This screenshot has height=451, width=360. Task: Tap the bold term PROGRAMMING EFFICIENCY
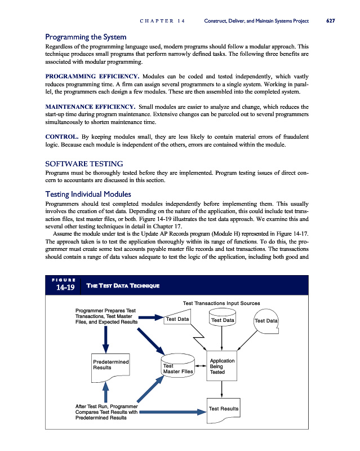92,76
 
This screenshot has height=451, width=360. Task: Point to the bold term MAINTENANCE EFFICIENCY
90,106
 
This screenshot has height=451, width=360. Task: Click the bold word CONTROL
61,136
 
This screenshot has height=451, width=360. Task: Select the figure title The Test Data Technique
122,286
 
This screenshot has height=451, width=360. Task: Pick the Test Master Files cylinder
177,367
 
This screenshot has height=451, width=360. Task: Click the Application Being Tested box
223,366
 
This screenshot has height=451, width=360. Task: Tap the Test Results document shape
224,410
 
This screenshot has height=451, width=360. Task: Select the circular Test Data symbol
266,321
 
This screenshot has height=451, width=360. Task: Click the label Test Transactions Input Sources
221,303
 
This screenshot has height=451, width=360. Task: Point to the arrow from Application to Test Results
223,389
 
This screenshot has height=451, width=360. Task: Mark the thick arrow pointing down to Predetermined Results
105,339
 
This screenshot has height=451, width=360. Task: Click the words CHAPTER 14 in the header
162,21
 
